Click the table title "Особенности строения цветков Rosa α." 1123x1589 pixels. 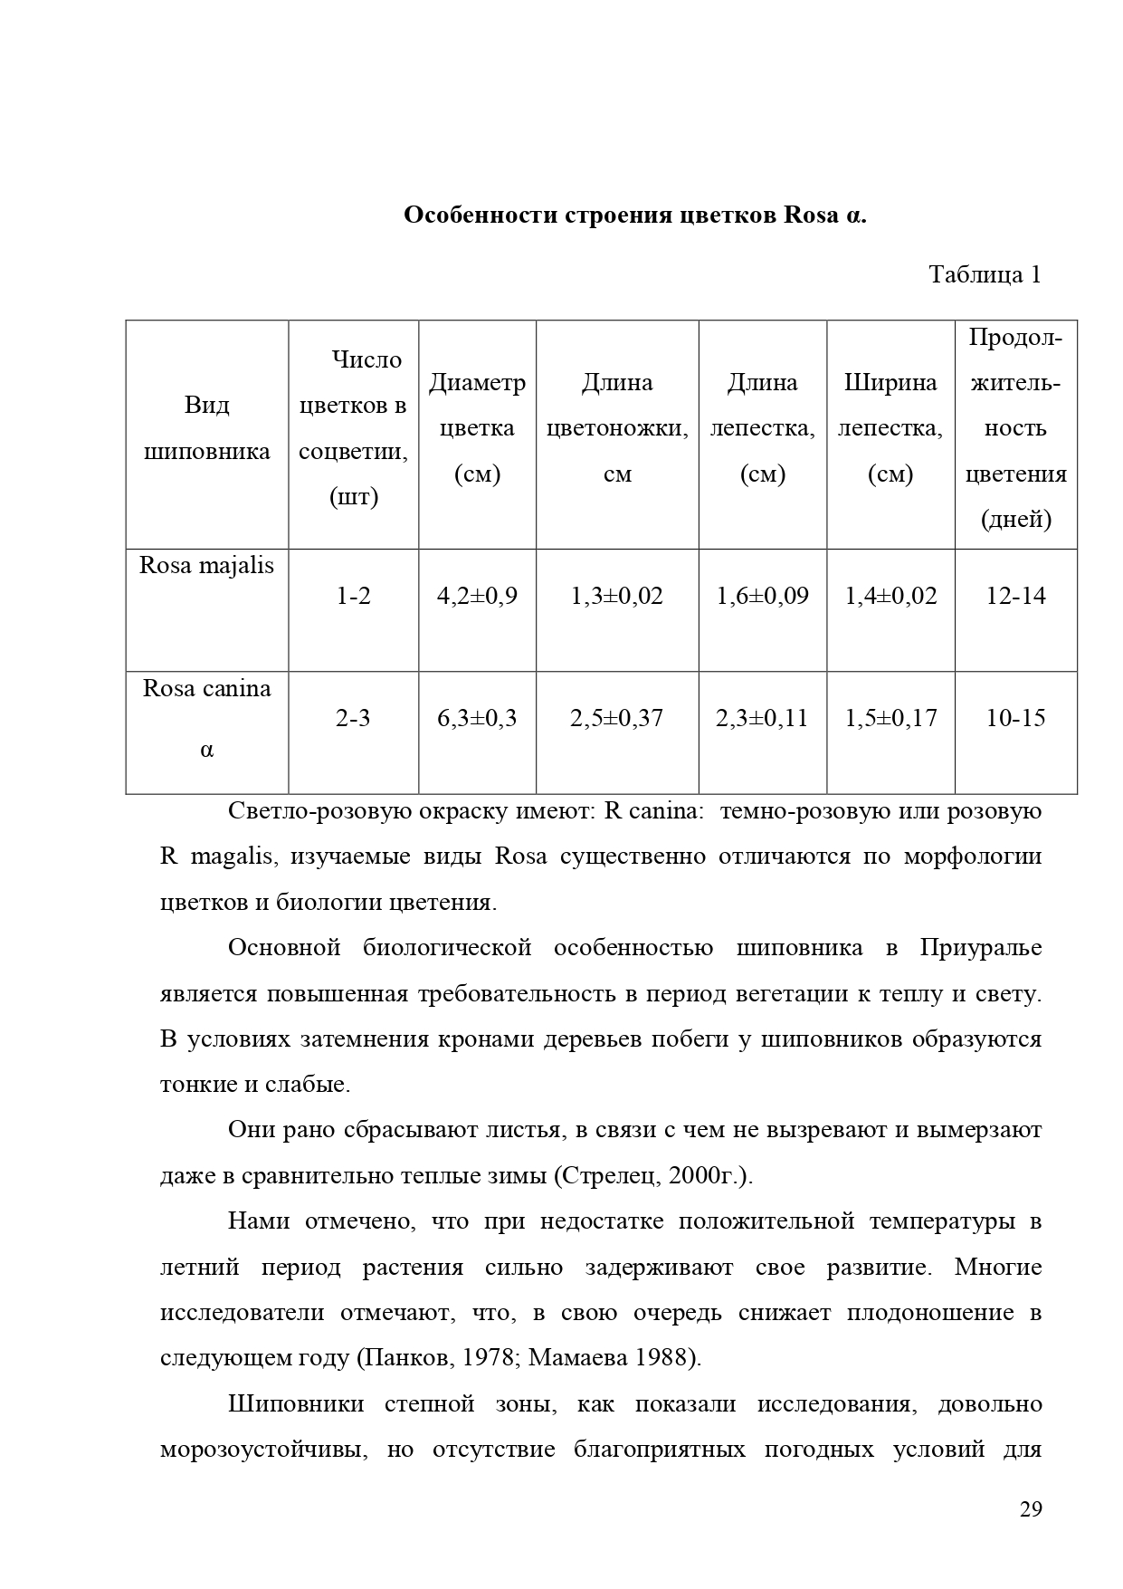click(x=634, y=215)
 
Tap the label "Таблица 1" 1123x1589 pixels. click(x=985, y=274)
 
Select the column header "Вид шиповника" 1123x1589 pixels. click(x=207, y=428)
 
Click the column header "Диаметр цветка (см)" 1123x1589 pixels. click(x=477, y=428)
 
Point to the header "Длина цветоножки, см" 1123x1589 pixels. click(x=617, y=428)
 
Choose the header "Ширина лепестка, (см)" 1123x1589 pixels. click(x=890, y=428)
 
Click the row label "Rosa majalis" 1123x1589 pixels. click(x=206, y=566)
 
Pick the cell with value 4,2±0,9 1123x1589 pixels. click(x=477, y=596)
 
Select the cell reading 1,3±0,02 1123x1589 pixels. click(x=617, y=596)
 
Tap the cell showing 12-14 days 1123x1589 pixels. click(x=1015, y=596)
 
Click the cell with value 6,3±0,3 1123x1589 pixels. click(x=477, y=718)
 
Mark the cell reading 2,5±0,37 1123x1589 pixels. click(x=617, y=718)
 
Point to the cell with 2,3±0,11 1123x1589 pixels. click(x=762, y=718)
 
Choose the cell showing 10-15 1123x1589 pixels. click(x=1015, y=718)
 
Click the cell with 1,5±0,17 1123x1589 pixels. click(x=890, y=718)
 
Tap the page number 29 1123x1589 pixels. click(x=1031, y=1509)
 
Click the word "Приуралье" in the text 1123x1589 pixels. click(x=981, y=948)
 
